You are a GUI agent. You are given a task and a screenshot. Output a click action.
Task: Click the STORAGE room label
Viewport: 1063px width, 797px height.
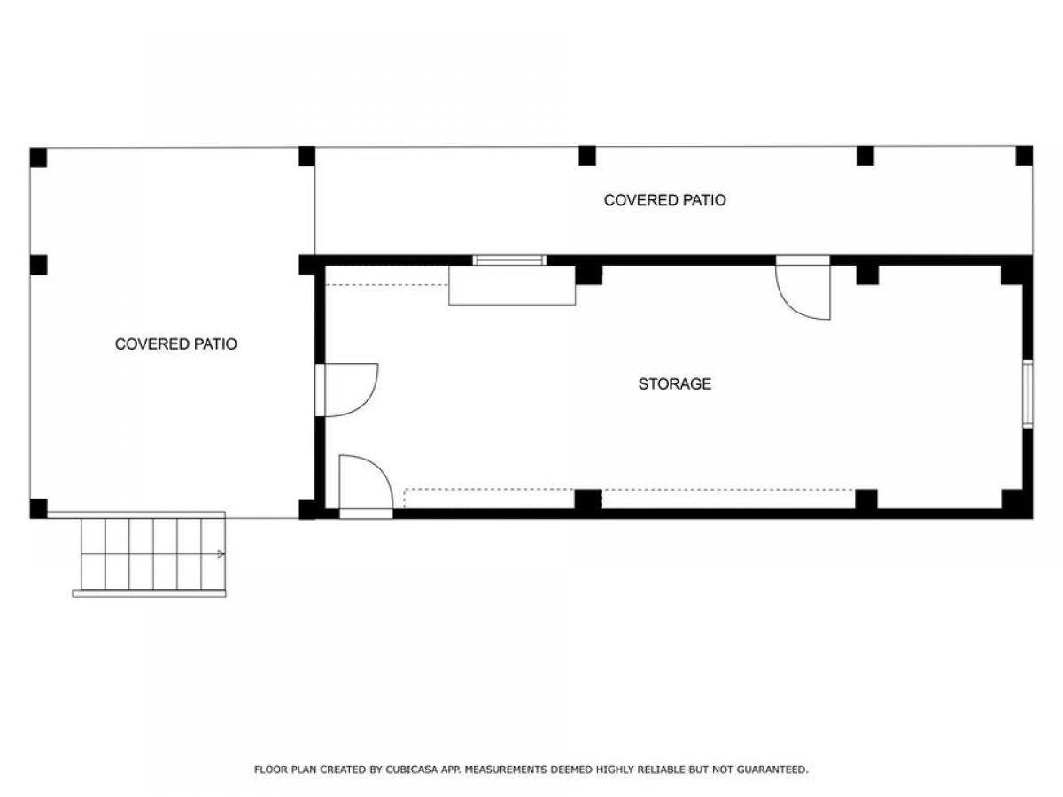(x=674, y=383)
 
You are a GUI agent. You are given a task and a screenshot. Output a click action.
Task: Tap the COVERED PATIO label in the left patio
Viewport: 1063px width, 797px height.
(x=175, y=344)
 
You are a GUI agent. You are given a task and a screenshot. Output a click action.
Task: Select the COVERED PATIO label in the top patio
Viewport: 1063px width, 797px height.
(x=664, y=200)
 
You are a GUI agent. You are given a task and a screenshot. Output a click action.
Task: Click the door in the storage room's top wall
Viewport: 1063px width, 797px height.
(x=803, y=288)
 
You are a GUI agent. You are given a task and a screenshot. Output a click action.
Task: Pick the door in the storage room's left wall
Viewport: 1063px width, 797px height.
(x=346, y=390)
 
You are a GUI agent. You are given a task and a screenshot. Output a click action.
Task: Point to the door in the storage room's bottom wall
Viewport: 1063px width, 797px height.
(x=366, y=487)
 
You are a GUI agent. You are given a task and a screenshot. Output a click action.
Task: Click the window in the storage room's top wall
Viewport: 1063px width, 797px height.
(x=509, y=260)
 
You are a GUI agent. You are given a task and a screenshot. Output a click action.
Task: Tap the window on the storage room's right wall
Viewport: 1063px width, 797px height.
(x=1028, y=394)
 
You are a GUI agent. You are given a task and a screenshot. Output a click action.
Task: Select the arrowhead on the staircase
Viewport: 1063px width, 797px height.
(x=221, y=554)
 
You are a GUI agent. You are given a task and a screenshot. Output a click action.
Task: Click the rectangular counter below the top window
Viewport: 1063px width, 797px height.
(x=512, y=285)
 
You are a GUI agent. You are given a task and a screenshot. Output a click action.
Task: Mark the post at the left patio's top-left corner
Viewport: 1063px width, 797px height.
(x=38, y=158)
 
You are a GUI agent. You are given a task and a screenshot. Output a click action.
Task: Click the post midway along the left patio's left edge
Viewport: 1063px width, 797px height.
(x=38, y=265)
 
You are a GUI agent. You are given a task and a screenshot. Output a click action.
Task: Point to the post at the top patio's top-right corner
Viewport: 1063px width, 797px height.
(x=1024, y=156)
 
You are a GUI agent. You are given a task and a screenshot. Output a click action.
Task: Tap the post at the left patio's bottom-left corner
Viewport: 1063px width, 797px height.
(x=38, y=508)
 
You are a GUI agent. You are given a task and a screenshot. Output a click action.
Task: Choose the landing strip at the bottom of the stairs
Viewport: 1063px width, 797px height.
(x=149, y=593)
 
